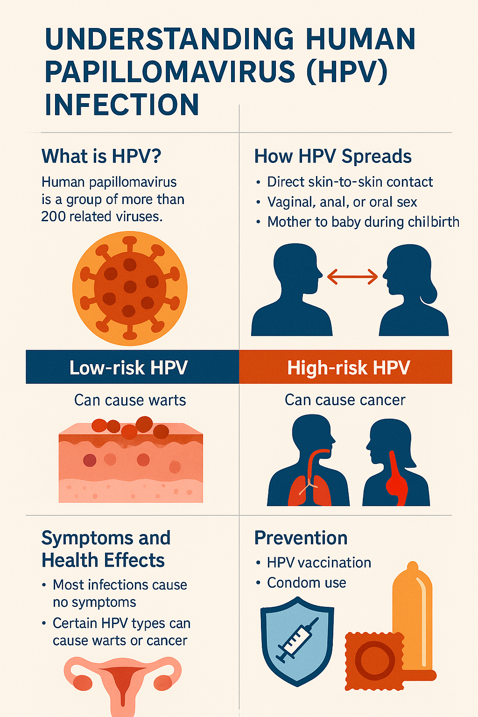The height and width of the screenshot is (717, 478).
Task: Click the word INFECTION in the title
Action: point(122,105)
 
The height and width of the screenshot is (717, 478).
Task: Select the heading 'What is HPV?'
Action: point(101,156)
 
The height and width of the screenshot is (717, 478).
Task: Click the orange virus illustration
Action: point(130,288)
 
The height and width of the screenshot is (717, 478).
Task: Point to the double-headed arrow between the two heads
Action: point(352,277)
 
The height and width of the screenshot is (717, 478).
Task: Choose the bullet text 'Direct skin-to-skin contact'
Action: point(350,182)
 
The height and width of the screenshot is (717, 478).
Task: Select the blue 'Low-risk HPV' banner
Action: point(132,367)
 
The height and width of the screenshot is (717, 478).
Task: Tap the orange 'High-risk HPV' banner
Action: point(346,367)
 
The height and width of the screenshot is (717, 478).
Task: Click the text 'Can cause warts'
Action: point(130,400)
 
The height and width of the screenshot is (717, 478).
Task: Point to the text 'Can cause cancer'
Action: point(345,400)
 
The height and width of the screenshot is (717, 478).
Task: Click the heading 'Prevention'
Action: point(301,538)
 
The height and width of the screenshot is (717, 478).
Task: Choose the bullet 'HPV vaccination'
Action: point(319,562)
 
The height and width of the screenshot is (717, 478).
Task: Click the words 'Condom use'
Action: point(307,583)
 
